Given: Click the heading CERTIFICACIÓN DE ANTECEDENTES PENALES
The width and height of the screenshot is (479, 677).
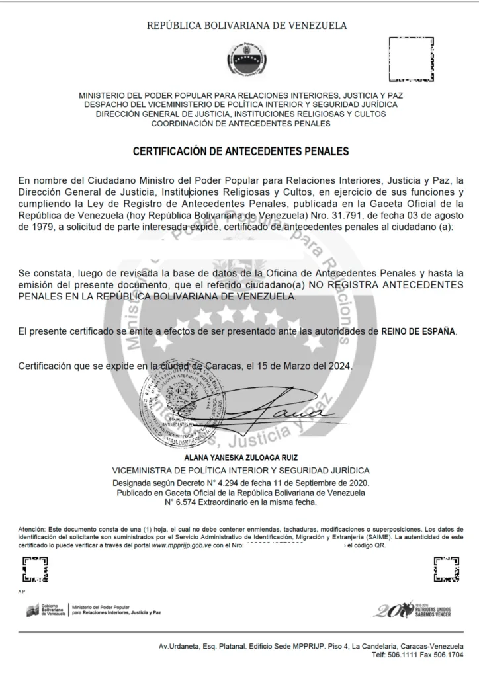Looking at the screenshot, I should point(240,151).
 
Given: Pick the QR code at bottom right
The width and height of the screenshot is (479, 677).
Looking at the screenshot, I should point(445,569).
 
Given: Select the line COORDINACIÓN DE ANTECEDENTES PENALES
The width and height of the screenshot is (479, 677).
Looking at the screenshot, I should point(240,123).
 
